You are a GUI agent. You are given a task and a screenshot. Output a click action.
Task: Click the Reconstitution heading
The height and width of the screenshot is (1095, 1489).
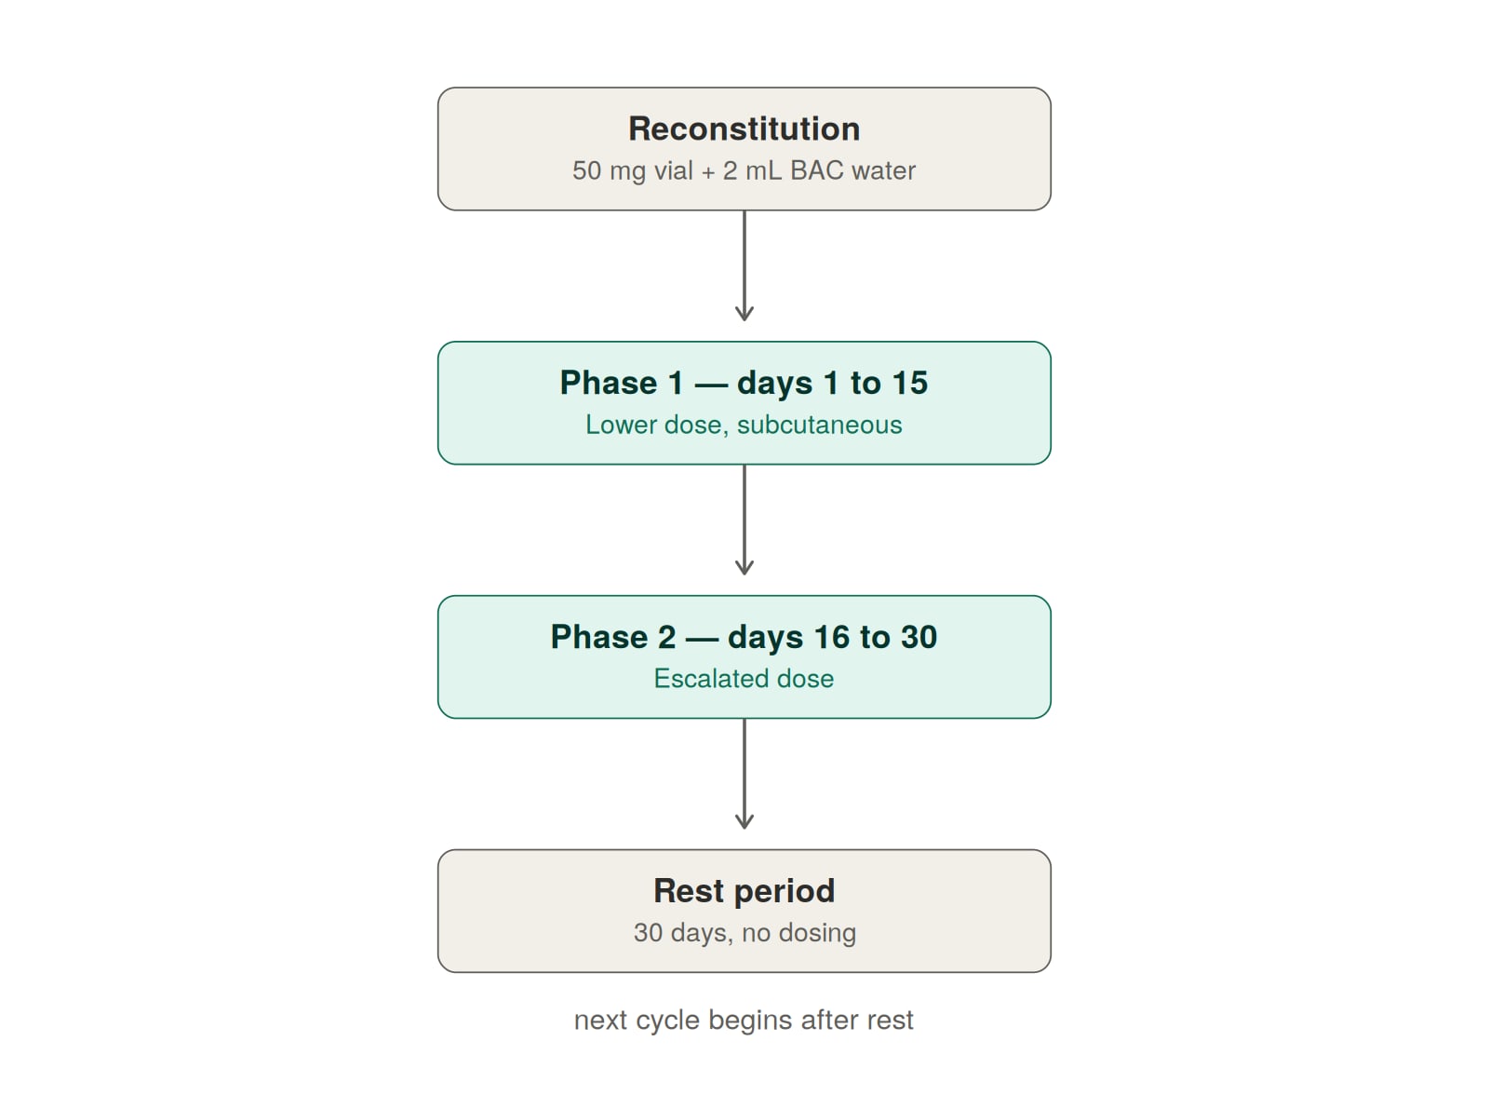pos(744,129)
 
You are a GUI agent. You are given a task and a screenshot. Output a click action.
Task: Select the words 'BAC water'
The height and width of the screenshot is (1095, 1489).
pos(852,171)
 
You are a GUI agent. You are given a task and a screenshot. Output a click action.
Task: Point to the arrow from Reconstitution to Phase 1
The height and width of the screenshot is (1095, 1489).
pos(744,266)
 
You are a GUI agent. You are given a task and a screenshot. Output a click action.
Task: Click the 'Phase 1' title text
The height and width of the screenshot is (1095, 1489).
pos(622,384)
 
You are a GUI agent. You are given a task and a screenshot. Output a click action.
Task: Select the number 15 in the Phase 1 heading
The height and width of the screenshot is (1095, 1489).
pos(909,384)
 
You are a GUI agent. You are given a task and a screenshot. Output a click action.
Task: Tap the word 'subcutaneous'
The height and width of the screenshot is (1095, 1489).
pos(820,426)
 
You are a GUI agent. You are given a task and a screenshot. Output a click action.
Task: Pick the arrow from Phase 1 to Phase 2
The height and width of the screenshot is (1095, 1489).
pos(744,520)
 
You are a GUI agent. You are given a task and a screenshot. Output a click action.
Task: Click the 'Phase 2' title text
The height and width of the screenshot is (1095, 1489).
pos(613,637)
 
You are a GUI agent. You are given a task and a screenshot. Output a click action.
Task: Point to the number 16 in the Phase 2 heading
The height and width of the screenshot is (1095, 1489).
pos(832,637)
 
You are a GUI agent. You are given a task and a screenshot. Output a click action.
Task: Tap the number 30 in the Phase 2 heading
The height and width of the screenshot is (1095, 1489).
pos(919,637)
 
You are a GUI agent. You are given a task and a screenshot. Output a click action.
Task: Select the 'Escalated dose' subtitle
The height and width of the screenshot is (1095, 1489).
pos(744,679)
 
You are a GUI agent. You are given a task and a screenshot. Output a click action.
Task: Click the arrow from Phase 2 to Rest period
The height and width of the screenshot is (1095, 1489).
pos(744,774)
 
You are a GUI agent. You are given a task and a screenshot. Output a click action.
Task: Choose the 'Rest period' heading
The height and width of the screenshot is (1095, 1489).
pos(744,891)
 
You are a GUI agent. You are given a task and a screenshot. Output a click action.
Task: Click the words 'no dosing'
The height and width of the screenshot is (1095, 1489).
pos(799,933)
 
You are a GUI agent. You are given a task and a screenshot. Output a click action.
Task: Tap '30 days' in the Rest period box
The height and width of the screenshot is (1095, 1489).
pos(683,933)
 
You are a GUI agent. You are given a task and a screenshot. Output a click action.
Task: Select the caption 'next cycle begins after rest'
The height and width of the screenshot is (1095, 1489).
pos(744,1021)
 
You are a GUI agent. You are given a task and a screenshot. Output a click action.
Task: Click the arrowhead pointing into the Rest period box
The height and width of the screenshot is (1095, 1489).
pos(744,822)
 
